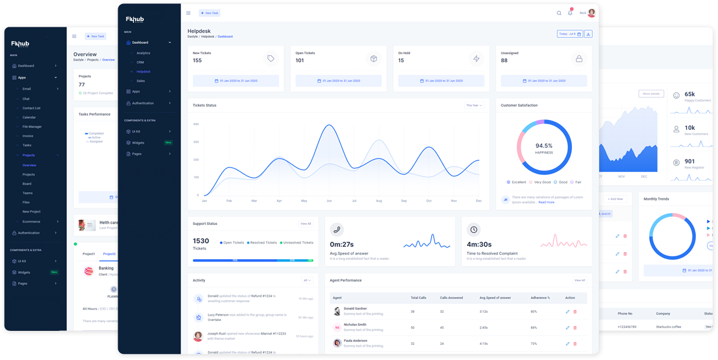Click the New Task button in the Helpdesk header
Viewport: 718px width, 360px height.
pos(210,13)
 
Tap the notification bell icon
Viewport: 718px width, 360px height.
pos(570,13)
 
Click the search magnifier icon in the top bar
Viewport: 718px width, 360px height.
pos(559,13)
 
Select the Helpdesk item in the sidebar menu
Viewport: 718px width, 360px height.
pos(143,72)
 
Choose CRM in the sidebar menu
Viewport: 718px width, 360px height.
pos(140,62)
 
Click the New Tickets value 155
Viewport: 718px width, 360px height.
pos(197,61)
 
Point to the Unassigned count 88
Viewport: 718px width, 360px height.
pos(504,61)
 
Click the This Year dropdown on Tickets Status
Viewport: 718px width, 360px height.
pos(474,105)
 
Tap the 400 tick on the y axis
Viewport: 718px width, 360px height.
pos(196,124)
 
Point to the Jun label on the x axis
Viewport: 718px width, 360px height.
pos(329,201)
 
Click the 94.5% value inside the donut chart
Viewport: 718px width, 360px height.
pos(544,146)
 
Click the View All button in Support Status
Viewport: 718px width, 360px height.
pos(306,224)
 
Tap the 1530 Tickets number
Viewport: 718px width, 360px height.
pos(201,241)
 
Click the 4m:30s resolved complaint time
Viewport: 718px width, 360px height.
pos(479,245)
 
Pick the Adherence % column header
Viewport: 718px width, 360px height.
pos(540,298)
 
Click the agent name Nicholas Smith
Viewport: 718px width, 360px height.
pos(355,324)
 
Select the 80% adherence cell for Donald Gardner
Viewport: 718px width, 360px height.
pos(534,312)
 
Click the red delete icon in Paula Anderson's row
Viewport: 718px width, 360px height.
pos(575,344)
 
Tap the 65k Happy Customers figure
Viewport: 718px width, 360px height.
pos(689,94)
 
